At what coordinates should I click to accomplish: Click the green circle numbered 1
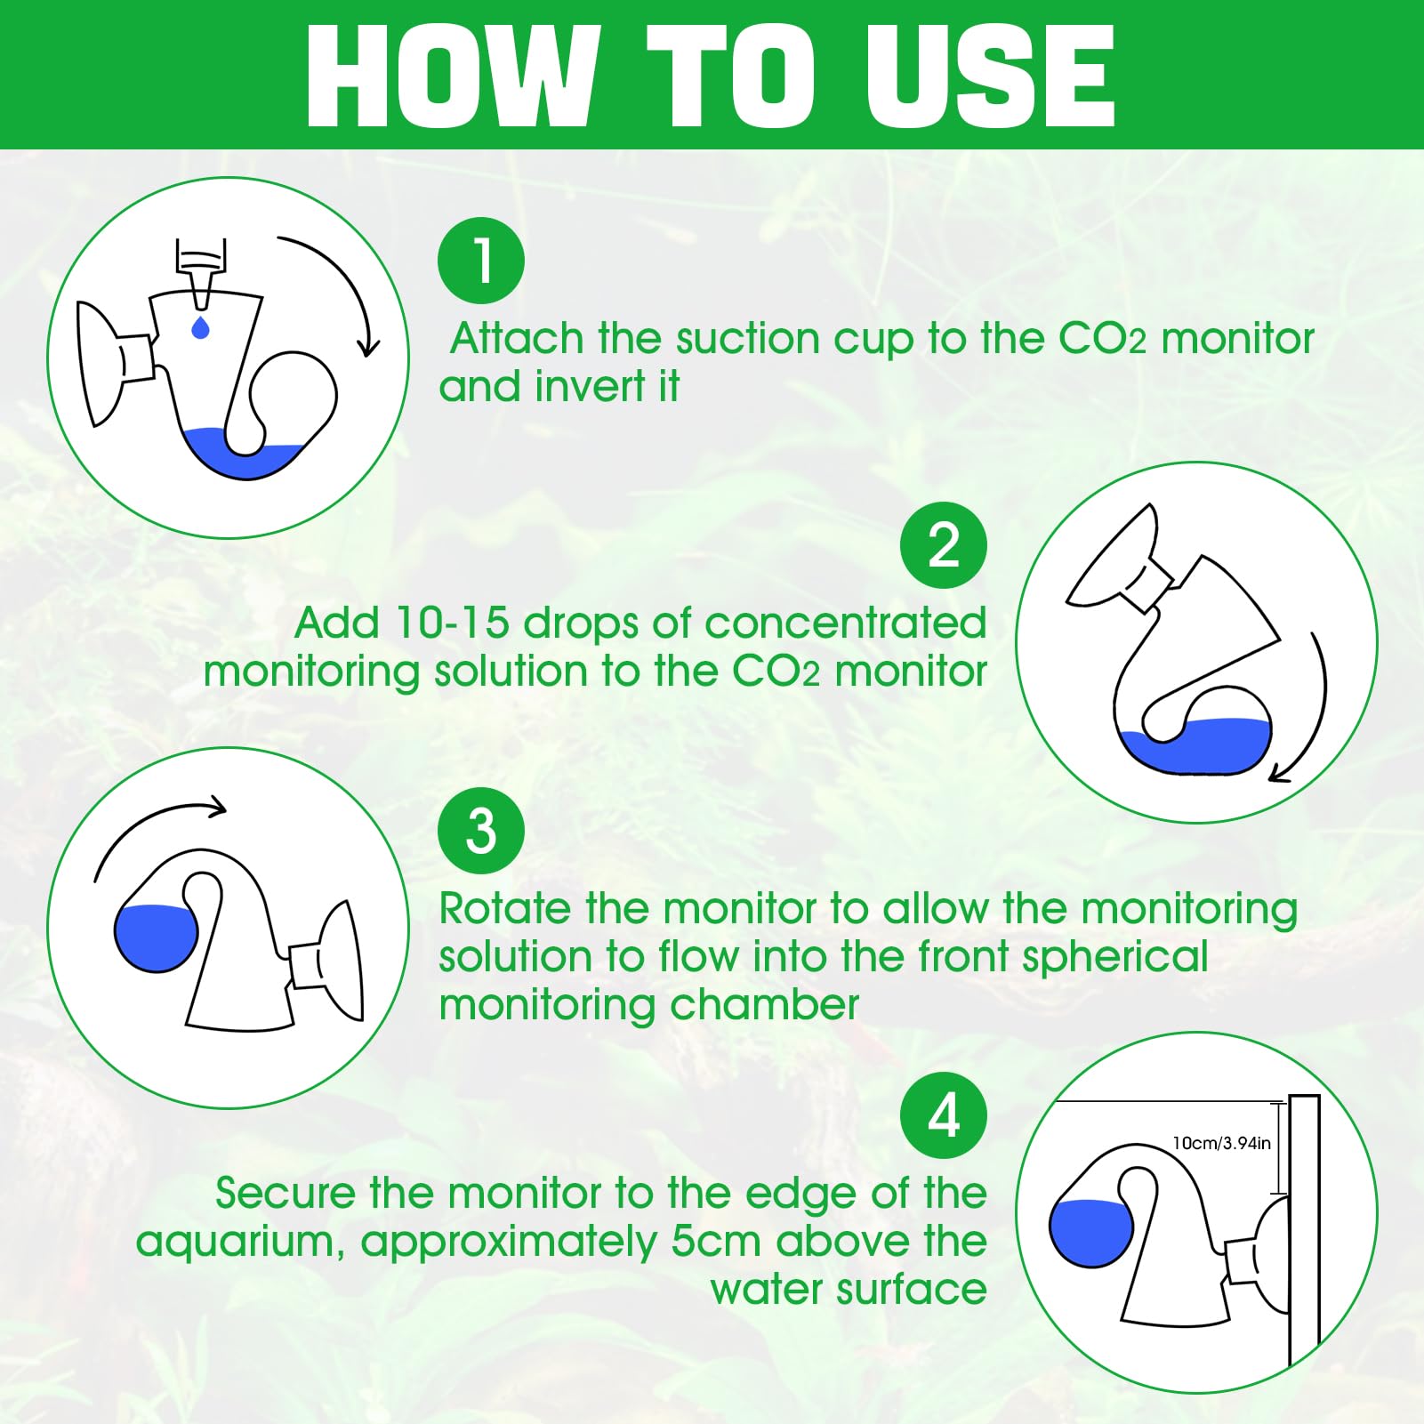pyautogui.click(x=481, y=261)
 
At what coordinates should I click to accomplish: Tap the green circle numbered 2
pyautogui.click(x=944, y=545)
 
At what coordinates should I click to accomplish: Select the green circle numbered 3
pyautogui.click(x=481, y=831)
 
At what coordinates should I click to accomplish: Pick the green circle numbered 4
pyautogui.click(x=944, y=1115)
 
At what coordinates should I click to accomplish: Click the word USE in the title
pyautogui.click(x=990, y=76)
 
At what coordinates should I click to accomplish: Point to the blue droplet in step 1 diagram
pyautogui.click(x=201, y=326)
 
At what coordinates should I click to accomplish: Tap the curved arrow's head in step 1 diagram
pyautogui.click(x=367, y=346)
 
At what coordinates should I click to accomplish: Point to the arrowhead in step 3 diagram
pyautogui.click(x=215, y=807)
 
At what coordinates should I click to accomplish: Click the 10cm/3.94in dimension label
pyautogui.click(x=1221, y=1143)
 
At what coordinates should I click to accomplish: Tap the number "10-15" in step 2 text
pyautogui.click(x=452, y=623)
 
